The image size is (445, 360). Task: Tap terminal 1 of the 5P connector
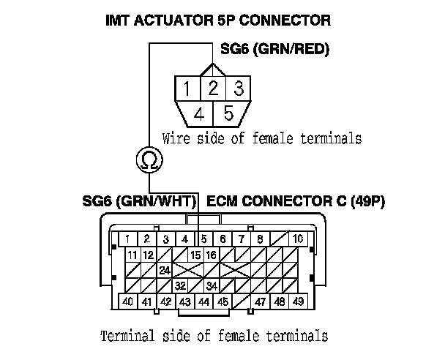tap(188, 90)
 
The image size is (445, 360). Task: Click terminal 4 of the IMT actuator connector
tap(198, 113)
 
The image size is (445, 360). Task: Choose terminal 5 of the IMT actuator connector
tap(227, 113)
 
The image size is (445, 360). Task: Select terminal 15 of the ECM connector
tap(195, 255)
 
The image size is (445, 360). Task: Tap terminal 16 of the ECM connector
tap(212, 255)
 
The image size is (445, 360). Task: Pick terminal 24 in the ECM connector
tap(165, 270)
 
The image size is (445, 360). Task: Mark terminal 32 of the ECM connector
tap(180, 285)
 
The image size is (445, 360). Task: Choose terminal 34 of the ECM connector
tap(212, 285)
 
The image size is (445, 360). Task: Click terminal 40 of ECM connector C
tap(127, 301)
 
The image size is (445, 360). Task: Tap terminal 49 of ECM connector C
tap(298, 301)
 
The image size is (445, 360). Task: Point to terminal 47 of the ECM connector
tap(260, 301)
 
